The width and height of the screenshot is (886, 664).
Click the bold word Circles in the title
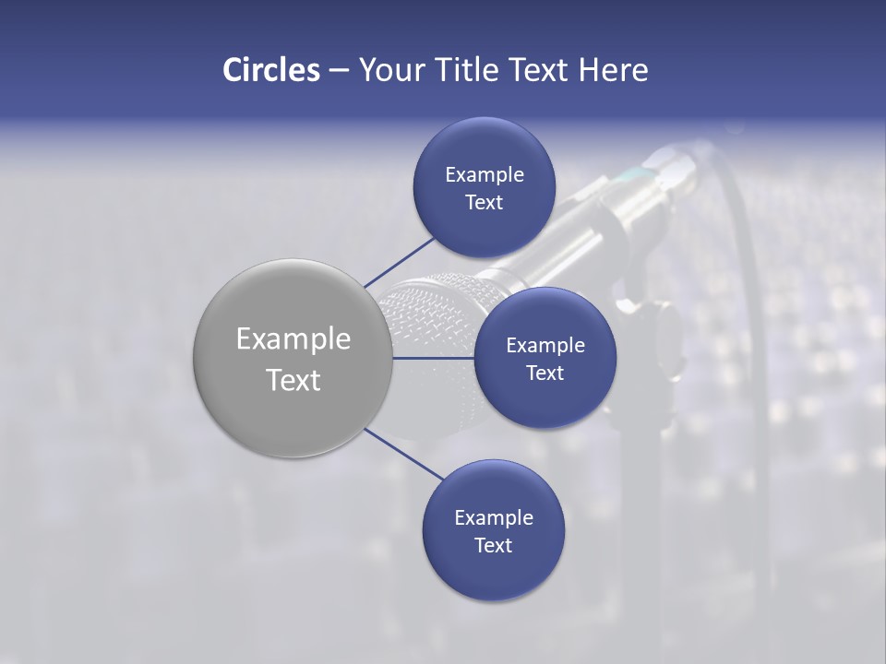pos(270,69)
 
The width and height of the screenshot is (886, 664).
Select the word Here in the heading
pos(613,69)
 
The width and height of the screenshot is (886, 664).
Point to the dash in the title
pos(338,71)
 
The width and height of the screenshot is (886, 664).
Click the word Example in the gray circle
pos(293,339)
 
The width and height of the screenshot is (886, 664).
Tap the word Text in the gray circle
pos(293,380)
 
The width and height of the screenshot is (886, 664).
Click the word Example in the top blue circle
pos(484,174)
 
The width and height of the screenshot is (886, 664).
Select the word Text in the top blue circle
pos(484,202)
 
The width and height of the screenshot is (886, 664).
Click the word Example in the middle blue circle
pos(545,345)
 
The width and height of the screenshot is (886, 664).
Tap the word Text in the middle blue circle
pos(545,373)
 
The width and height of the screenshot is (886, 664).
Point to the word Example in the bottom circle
pos(493,517)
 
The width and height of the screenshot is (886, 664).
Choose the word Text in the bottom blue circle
pos(493,545)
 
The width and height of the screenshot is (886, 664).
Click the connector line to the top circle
pos(399,262)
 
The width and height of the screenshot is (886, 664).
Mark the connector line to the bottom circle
pos(403,454)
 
